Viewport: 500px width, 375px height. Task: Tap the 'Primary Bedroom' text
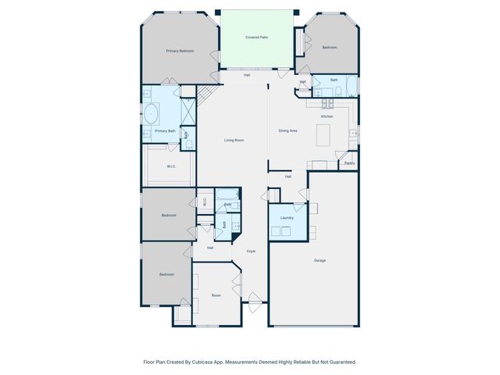[180, 51]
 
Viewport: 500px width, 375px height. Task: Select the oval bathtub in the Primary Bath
[152, 115]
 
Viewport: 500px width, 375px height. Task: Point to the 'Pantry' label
[349, 163]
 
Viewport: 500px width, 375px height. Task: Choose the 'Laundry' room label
[287, 218]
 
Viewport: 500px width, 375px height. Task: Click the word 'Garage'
[320, 260]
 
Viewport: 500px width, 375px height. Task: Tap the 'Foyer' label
[252, 251]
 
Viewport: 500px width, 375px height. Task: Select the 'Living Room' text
[234, 140]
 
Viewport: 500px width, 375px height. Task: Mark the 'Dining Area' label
[288, 130]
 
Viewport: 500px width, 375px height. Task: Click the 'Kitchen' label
[327, 116]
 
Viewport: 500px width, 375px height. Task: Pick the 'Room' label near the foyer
[216, 295]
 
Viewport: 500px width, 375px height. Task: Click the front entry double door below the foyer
[253, 298]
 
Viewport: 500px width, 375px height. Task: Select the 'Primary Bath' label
[165, 131]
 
